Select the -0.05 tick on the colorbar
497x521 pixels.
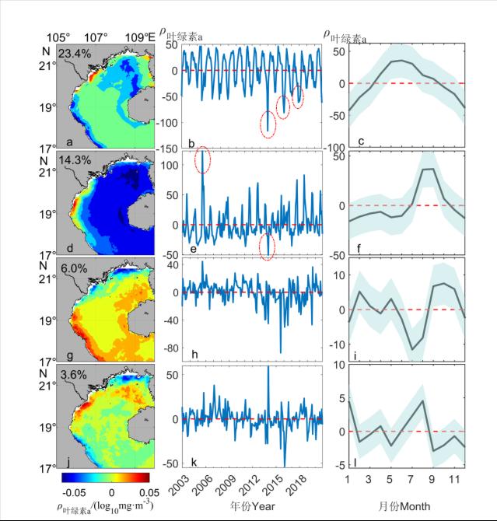click(x=74, y=492)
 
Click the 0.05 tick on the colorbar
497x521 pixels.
click(x=149, y=492)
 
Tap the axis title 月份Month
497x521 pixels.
click(x=404, y=505)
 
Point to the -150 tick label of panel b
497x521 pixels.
click(x=166, y=149)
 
